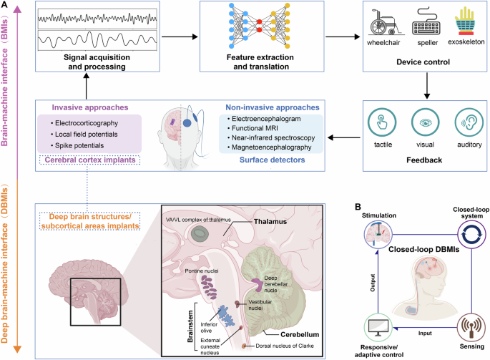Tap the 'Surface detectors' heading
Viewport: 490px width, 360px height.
(264, 159)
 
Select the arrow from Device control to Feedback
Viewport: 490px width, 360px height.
(425, 84)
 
